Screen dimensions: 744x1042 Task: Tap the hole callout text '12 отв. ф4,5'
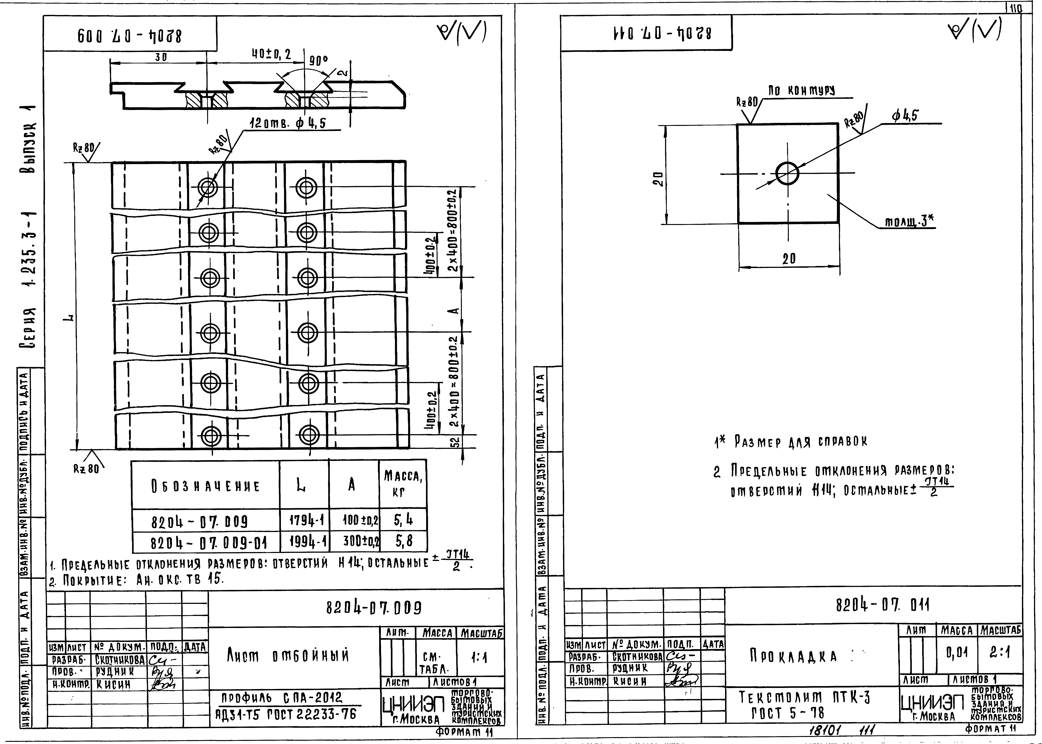point(287,124)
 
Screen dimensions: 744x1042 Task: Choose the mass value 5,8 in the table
point(403,542)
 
